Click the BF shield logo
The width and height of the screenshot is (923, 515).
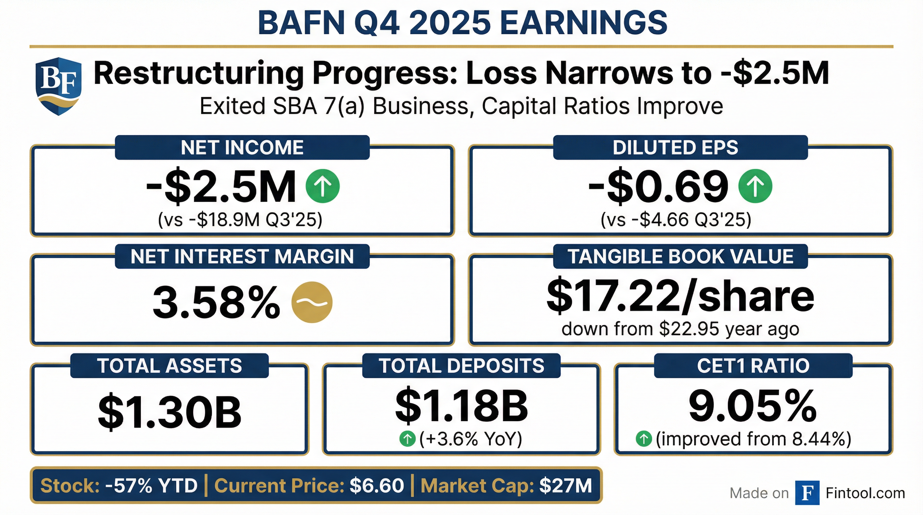(x=58, y=86)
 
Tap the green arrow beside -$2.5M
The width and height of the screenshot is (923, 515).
(x=322, y=186)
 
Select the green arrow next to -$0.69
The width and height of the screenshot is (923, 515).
(x=755, y=186)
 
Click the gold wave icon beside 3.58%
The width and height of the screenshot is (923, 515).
(x=312, y=302)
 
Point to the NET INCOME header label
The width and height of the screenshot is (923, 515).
(x=242, y=147)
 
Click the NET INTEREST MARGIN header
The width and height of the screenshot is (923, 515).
(x=242, y=256)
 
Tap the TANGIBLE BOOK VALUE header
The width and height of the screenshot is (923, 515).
(x=681, y=256)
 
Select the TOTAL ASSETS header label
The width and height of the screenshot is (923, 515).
(x=169, y=366)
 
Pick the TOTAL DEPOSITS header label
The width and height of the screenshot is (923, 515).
(x=461, y=366)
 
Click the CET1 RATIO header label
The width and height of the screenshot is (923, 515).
(x=753, y=366)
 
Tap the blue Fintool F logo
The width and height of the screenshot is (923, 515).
(x=807, y=493)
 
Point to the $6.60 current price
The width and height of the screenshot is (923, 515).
(x=377, y=485)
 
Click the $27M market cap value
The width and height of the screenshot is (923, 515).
(x=565, y=485)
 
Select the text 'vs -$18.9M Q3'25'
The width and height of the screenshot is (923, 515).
(x=240, y=220)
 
